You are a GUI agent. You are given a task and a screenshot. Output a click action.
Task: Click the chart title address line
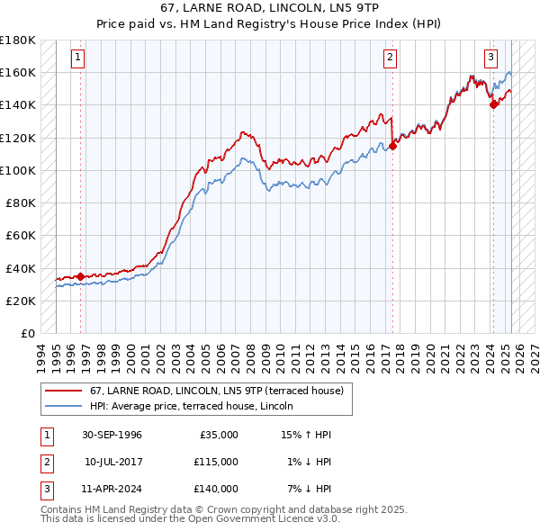[x=269, y=9]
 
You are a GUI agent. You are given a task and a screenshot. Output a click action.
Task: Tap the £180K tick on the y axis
[x=19, y=40]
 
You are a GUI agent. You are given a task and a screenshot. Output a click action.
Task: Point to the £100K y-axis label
[x=19, y=170]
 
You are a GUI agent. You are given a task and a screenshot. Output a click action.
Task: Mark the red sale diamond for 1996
[x=81, y=276]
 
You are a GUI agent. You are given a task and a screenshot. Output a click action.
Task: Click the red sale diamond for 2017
[x=392, y=146]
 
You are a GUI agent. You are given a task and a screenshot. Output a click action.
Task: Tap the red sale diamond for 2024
[x=493, y=104]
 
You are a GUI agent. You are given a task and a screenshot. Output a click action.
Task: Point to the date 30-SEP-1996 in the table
[x=112, y=435]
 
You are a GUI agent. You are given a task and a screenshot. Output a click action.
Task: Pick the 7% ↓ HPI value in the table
[x=306, y=489]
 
